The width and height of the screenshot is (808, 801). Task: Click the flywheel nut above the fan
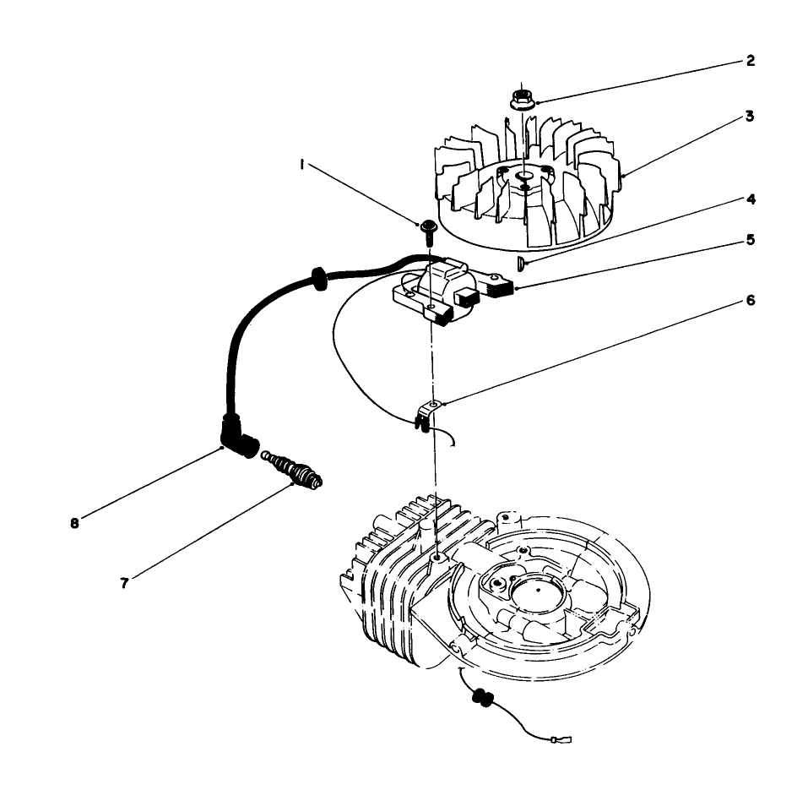click(522, 97)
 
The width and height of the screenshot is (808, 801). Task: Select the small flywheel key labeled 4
click(521, 264)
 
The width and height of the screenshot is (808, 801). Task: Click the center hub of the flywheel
click(523, 175)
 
